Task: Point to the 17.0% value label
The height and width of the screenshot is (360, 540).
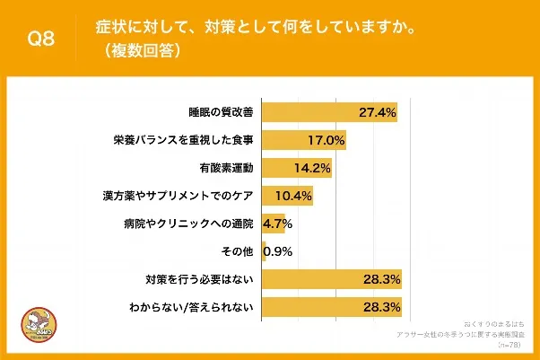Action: pos(326,141)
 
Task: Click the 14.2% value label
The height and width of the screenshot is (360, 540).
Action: pos(313,168)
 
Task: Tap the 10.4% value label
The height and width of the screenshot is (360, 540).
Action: pos(294,195)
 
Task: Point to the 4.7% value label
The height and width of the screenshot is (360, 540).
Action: pos(278,224)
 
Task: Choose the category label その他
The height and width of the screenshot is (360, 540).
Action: pos(238,250)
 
